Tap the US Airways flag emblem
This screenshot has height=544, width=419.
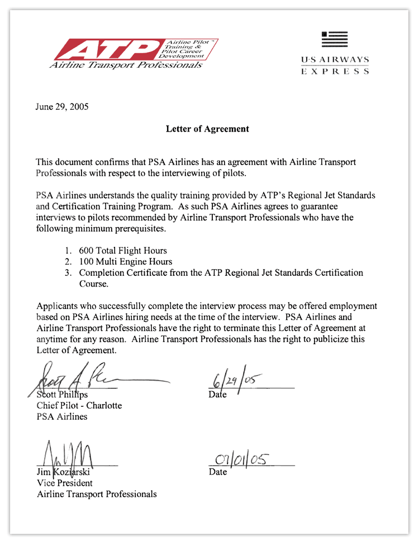pos(335,39)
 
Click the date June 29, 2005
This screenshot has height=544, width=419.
pos(61,106)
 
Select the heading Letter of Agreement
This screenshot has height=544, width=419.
pos(207,129)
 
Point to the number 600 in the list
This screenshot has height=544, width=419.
pos(87,251)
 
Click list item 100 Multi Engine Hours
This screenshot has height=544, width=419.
pos(126,261)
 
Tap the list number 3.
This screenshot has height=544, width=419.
pos(68,273)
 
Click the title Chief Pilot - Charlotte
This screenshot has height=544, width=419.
pos(79,405)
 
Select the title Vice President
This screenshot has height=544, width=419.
pos(65,482)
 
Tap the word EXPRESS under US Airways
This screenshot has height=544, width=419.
pos(335,72)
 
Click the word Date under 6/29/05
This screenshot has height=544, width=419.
pos(218,395)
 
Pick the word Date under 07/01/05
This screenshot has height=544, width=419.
pos(218,472)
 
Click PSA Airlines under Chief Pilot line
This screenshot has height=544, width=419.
pos(62,416)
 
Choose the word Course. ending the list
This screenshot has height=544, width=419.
pos(93,284)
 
